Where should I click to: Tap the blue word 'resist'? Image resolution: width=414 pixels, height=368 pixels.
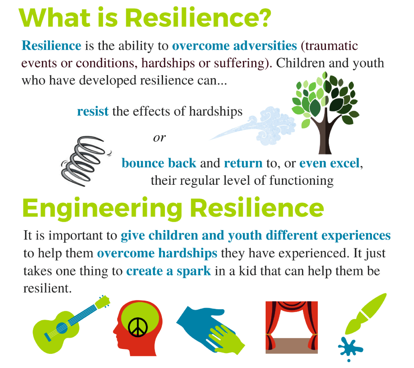(93, 111)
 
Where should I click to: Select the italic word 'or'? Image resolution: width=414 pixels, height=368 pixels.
(159, 138)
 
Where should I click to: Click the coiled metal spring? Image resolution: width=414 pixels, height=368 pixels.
(84, 160)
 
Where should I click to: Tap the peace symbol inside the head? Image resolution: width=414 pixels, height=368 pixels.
(137, 327)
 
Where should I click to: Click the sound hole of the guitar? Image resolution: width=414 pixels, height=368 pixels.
(62, 328)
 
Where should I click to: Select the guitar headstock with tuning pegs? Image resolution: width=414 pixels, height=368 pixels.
(102, 302)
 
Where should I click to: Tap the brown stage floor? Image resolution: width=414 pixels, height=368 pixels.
(291, 345)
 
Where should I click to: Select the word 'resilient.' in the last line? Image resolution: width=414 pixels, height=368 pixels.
(48, 288)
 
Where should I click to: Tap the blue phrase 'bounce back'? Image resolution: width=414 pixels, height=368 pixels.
(159, 163)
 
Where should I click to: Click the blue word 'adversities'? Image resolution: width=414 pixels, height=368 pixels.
(265, 45)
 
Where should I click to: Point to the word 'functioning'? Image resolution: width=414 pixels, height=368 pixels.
(301, 181)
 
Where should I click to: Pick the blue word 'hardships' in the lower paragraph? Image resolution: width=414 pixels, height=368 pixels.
(188, 253)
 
